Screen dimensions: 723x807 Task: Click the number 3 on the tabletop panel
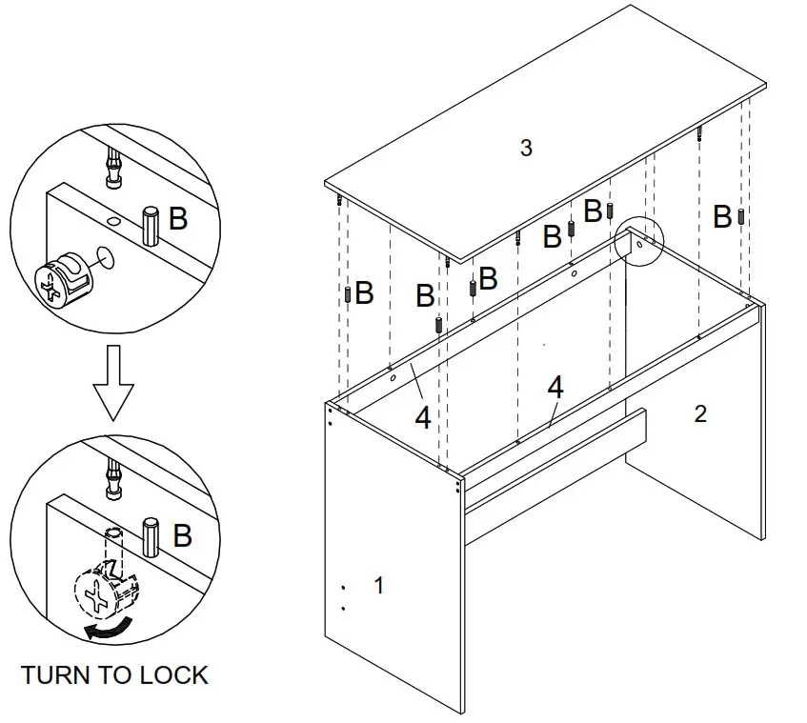click(526, 148)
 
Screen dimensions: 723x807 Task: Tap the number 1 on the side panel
click(379, 585)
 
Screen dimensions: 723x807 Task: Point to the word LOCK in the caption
click(174, 675)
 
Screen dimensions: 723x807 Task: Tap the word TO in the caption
click(118, 675)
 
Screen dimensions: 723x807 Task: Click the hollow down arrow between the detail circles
click(113, 382)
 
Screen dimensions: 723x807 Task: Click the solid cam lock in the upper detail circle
click(64, 277)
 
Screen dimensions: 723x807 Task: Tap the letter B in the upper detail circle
click(178, 219)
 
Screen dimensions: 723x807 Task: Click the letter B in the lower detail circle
click(181, 536)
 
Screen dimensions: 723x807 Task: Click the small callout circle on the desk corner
click(638, 241)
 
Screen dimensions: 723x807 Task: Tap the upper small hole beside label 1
click(343, 587)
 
